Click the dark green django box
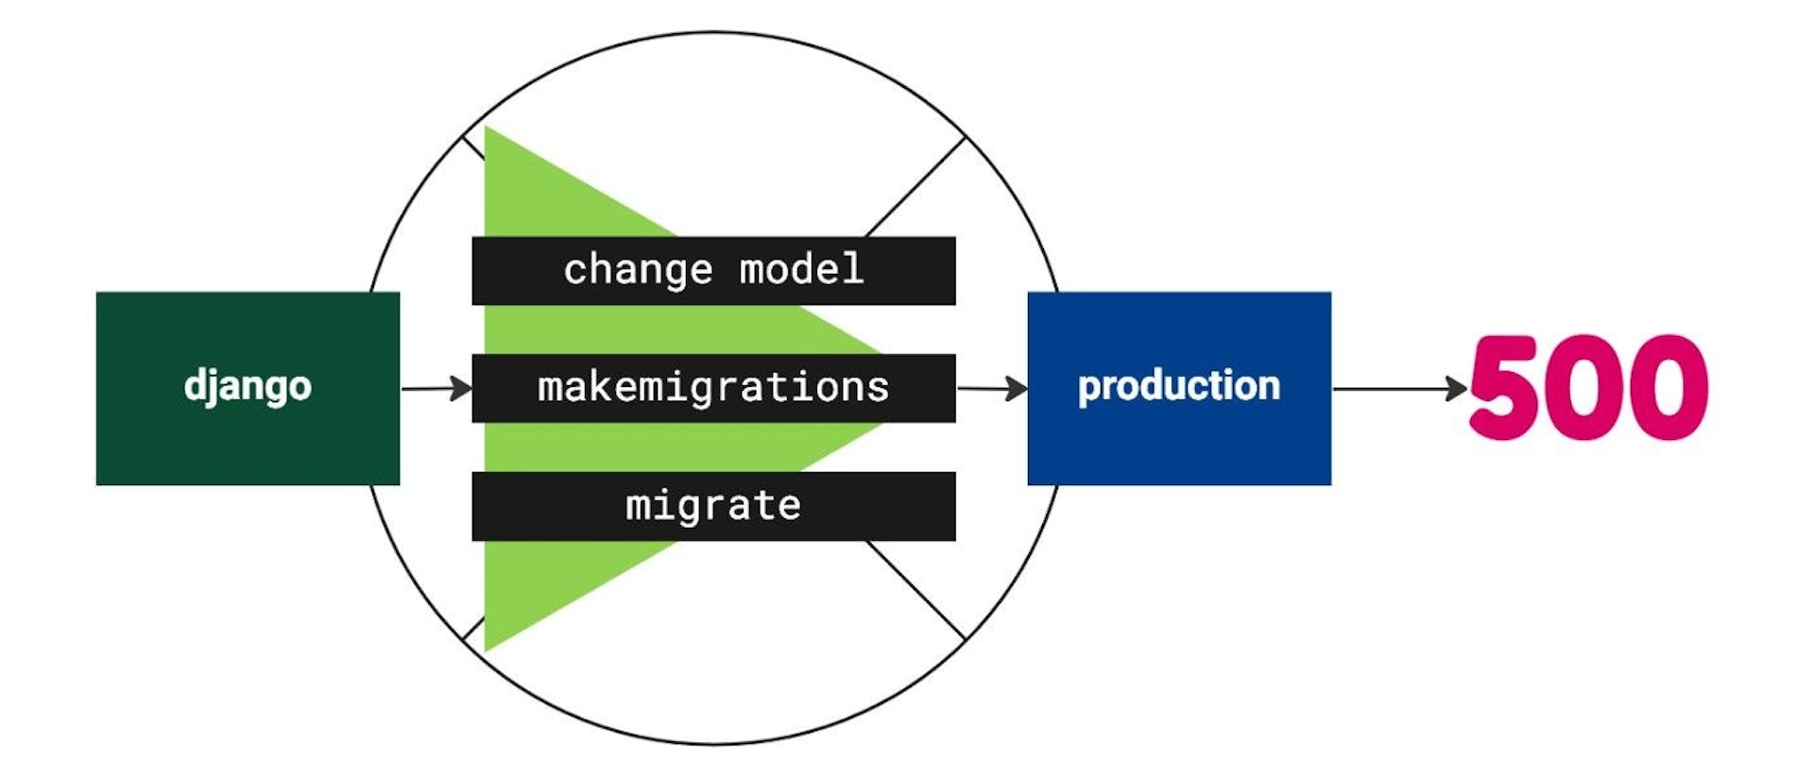pyautogui.click(x=248, y=434)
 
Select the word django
pyautogui.click(x=248, y=386)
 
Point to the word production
pyautogui.click(x=1179, y=386)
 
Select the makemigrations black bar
pyautogui.click(x=713, y=388)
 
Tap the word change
pyautogui.click(x=638, y=270)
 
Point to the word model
pyautogui.click(x=801, y=270)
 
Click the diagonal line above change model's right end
pyautogui.click(x=915, y=187)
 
